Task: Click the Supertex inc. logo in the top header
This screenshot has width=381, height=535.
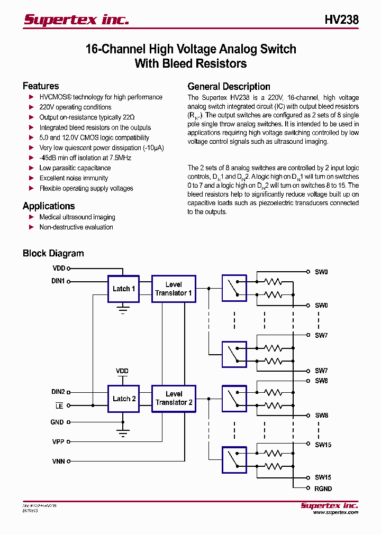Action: (x=76, y=20)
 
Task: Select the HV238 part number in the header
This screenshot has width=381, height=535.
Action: (x=341, y=20)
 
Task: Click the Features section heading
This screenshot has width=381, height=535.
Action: (x=41, y=86)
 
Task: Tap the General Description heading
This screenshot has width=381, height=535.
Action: (x=229, y=87)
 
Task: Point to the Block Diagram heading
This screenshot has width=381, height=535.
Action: (x=53, y=253)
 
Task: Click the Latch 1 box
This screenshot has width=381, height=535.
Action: (x=124, y=289)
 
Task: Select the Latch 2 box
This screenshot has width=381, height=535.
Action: (x=124, y=399)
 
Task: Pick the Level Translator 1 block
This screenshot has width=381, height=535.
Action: (x=174, y=289)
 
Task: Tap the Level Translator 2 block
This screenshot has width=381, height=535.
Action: (x=174, y=399)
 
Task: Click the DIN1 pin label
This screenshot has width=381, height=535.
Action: (x=58, y=281)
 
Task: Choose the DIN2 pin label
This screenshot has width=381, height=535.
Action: (x=58, y=392)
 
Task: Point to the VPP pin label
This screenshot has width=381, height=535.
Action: (x=58, y=441)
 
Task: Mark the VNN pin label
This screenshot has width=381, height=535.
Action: (x=58, y=461)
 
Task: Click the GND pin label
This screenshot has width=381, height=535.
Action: (x=57, y=422)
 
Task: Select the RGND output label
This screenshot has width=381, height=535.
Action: (x=323, y=488)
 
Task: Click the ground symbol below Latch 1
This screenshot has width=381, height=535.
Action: (x=123, y=309)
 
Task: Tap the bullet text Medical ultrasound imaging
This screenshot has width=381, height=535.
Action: (x=77, y=217)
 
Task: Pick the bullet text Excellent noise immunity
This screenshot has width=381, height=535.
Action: (x=74, y=178)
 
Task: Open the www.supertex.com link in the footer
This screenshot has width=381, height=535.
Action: (x=335, y=512)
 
